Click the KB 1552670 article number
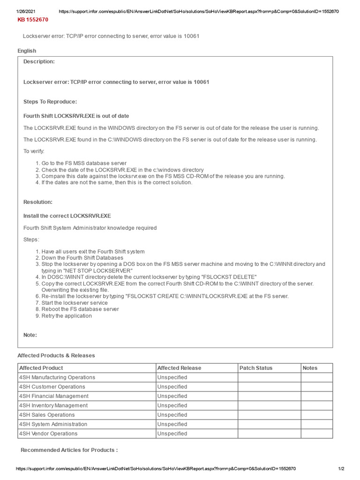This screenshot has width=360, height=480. coord(32,20)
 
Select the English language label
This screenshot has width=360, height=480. coord(27,51)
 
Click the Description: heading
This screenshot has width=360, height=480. coord(39,61)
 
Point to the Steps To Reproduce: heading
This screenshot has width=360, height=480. coord(50,102)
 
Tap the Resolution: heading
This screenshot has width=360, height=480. coord(38,202)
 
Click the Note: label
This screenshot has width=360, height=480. coord(30,335)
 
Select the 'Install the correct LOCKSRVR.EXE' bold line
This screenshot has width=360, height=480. coord(67,216)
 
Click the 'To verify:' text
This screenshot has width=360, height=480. coord(34,151)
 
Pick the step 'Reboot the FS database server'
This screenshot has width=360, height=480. coord(80,309)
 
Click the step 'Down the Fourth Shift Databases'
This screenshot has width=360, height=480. coord(82,258)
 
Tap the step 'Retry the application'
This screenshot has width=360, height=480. coord(67,316)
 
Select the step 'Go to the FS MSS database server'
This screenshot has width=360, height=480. coord(84,163)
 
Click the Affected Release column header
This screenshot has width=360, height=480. coord(179,368)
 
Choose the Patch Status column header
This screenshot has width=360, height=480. coord(255,368)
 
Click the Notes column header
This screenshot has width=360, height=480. coord(310,368)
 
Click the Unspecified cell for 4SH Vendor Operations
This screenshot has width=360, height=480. coord(172,434)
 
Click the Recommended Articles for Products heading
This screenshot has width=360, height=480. coord(69,450)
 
